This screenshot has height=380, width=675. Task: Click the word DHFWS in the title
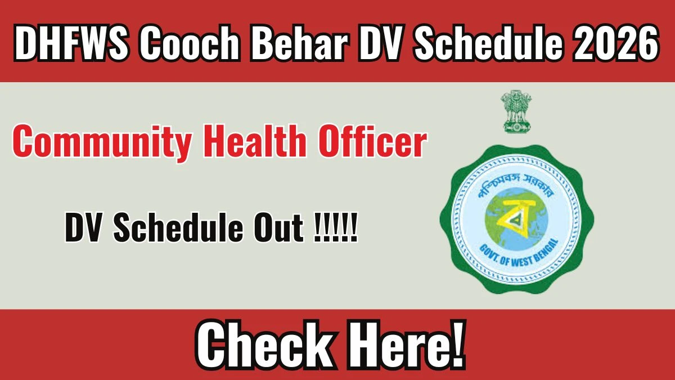[71, 43]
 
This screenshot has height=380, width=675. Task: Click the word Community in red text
[102, 142]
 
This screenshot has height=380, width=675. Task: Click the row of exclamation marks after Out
[335, 227]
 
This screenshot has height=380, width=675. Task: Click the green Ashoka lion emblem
[516, 111]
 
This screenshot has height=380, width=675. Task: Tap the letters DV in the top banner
[381, 43]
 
